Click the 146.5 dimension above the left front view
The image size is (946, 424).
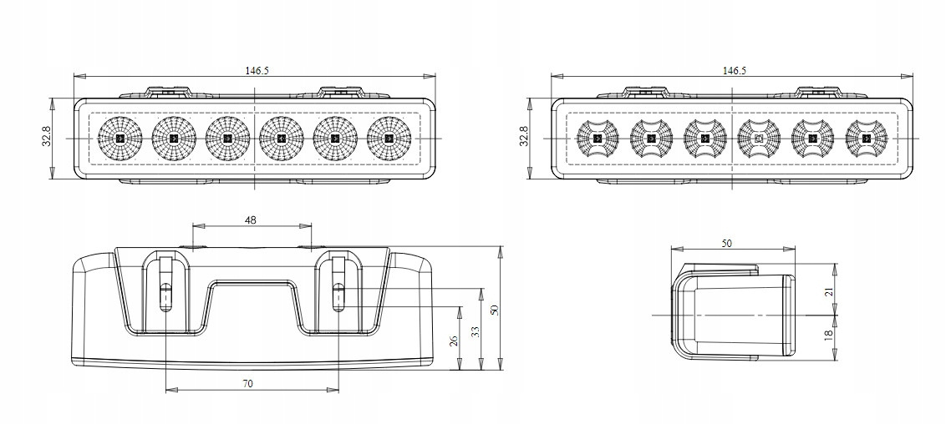257,70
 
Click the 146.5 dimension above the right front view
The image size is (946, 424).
734,70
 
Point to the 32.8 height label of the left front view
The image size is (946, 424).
46,137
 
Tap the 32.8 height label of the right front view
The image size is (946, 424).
524,137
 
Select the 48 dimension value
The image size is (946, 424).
251,220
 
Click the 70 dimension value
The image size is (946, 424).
248,383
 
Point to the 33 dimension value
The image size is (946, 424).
475,331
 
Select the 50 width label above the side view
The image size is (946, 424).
725,243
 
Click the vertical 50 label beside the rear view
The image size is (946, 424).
494,310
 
